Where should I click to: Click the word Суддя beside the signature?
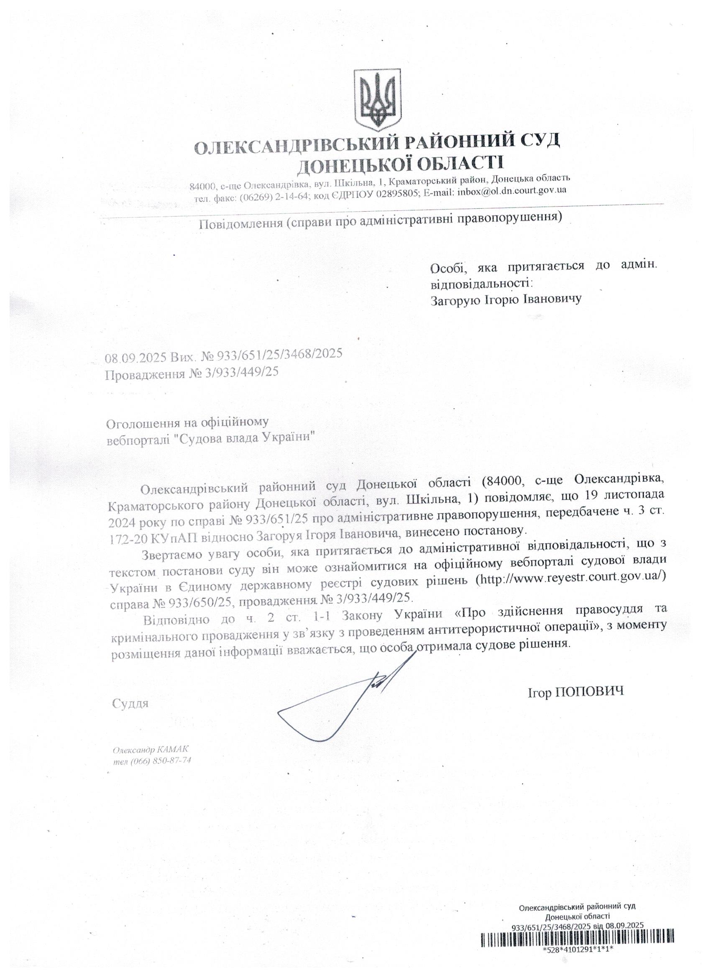[130, 704]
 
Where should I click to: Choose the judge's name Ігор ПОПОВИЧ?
[575, 693]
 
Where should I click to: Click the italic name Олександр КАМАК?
[151, 750]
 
